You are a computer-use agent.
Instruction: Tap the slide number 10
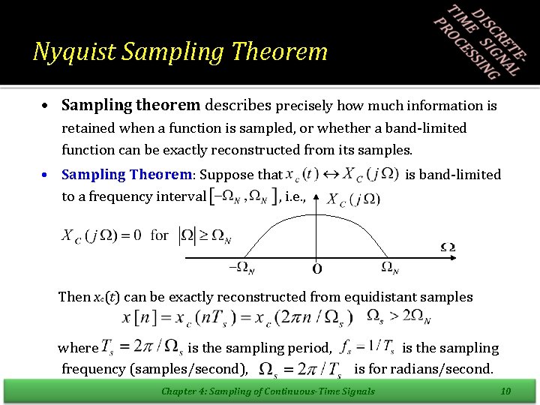pyautogui.click(x=505, y=391)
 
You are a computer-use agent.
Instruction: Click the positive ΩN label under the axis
pyautogui.click(x=390, y=268)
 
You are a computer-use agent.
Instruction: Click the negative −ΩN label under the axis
pyautogui.click(x=241, y=268)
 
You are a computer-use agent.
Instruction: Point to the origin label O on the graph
pyautogui.click(x=317, y=268)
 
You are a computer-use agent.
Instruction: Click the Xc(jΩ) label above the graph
pyautogui.click(x=353, y=199)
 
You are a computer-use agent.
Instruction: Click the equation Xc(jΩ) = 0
pyautogui.click(x=101, y=235)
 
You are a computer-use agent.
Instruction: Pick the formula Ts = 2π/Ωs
pyautogui.click(x=142, y=347)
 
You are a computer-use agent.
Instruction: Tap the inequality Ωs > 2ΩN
pyautogui.click(x=399, y=316)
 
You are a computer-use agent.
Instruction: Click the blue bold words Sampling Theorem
pyautogui.click(x=127, y=175)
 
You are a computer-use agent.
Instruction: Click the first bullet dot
pyautogui.click(x=46, y=106)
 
